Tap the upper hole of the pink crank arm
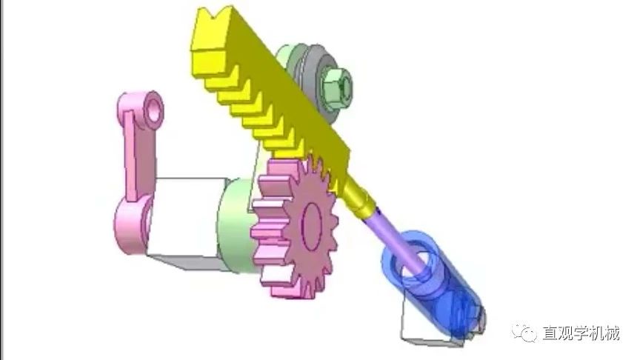coord(154,110)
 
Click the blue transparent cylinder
coord(433,281)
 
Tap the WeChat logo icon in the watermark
coord(524,333)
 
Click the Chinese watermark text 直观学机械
coord(581,333)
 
